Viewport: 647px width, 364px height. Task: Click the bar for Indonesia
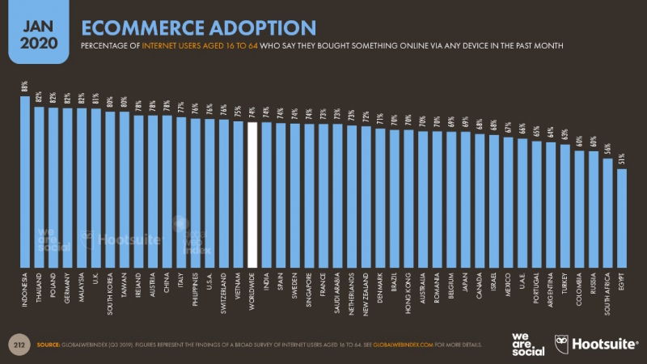click(24, 182)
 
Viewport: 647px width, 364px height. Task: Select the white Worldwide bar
click(252, 194)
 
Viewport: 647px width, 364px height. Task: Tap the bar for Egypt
click(621, 218)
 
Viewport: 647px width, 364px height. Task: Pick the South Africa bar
click(607, 213)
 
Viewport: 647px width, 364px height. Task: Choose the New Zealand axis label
click(366, 296)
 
